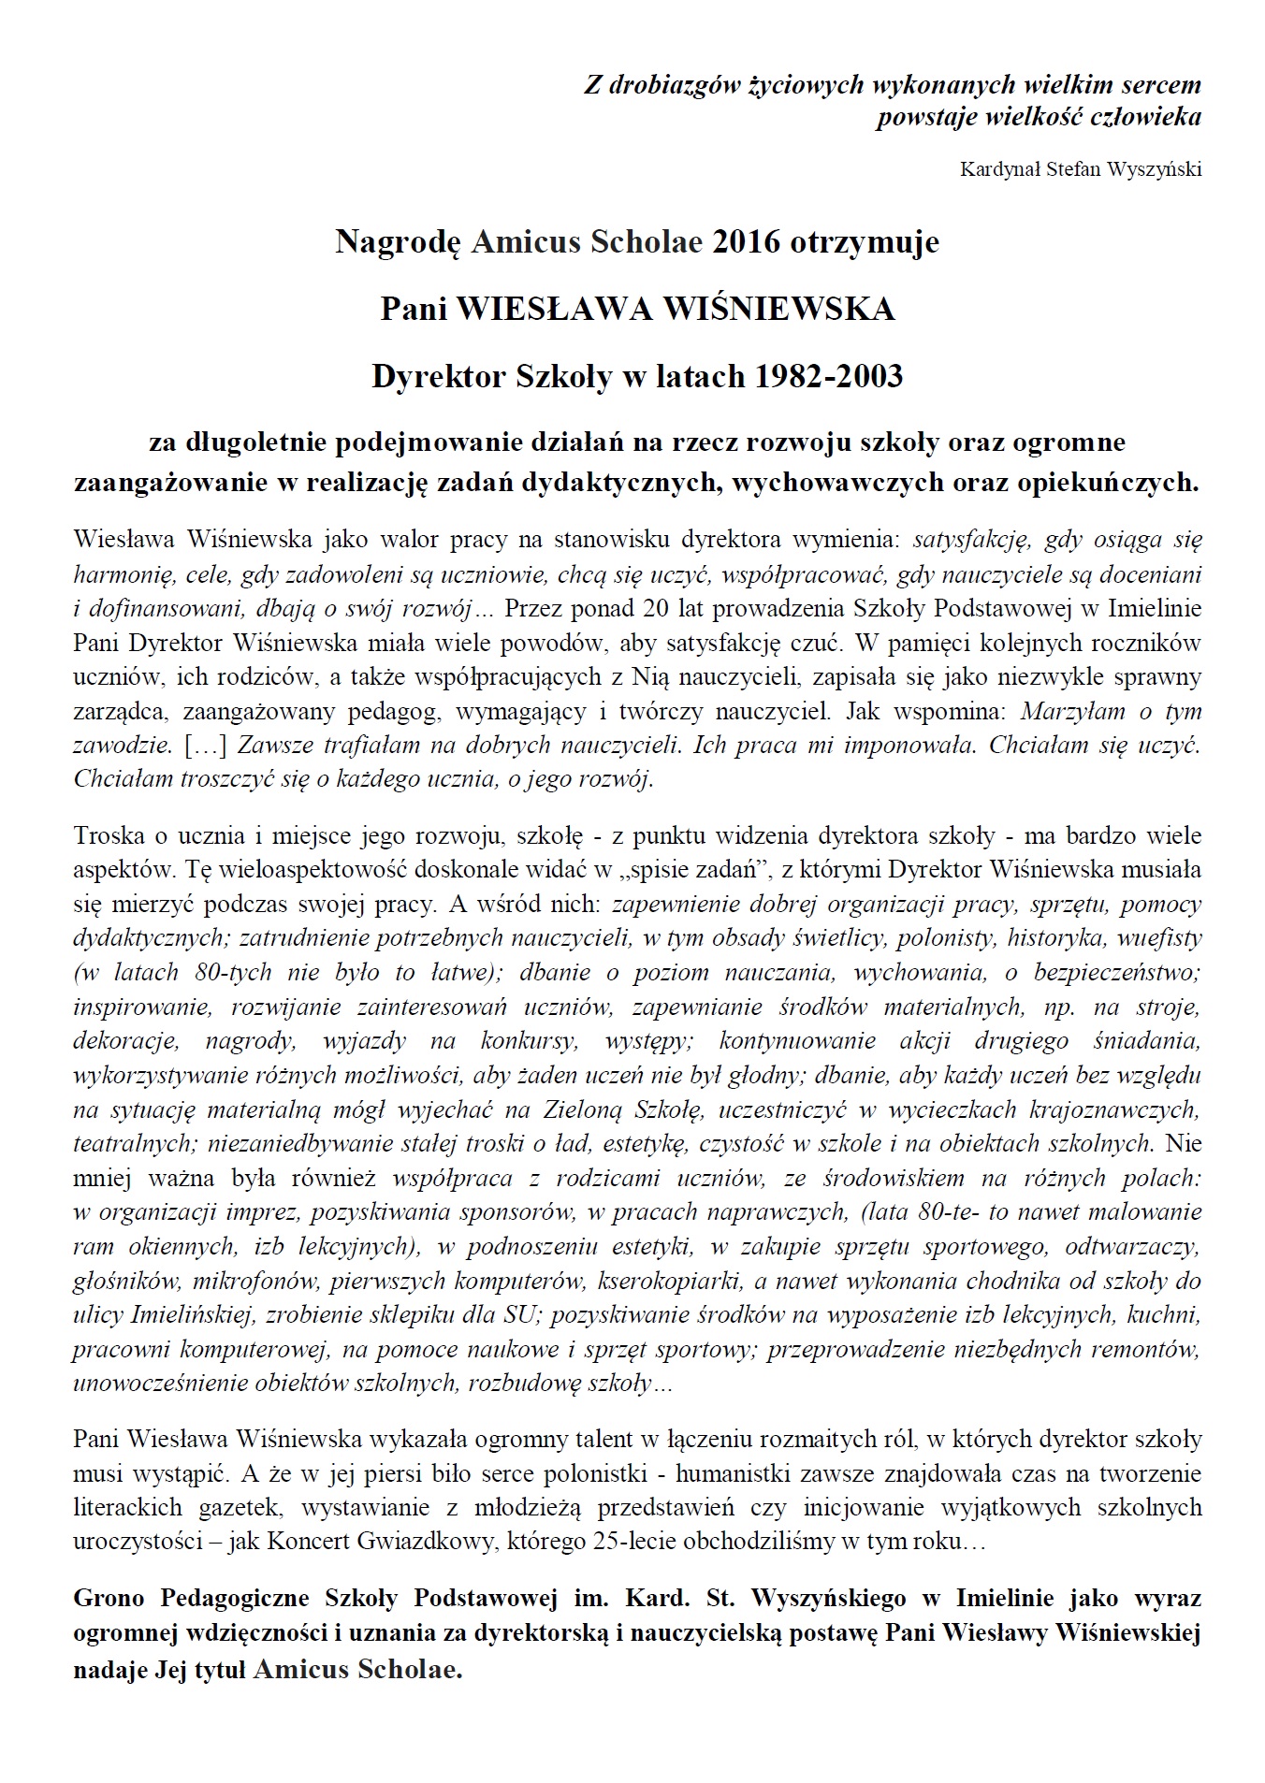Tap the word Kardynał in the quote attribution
pos(997,169)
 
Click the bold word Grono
pos(111,1598)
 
